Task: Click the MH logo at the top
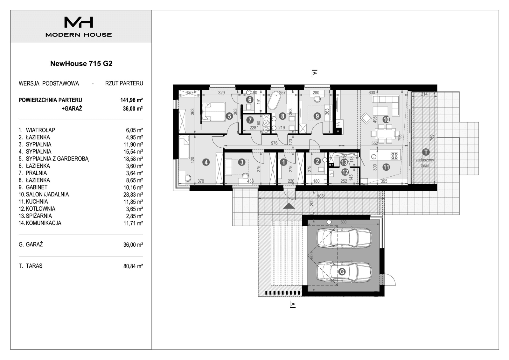(79, 22)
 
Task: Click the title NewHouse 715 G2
(81, 63)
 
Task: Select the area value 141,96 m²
(131, 100)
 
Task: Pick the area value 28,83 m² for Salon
(133, 194)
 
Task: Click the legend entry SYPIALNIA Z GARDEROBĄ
(57, 159)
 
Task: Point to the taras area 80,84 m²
(133, 266)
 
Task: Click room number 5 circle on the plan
(229, 116)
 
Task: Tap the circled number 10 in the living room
(386, 120)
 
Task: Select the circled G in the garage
(342, 272)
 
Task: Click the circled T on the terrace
(425, 152)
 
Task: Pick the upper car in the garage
(344, 237)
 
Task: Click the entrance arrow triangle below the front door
(289, 206)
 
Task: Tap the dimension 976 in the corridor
(274, 143)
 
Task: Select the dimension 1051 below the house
(321, 196)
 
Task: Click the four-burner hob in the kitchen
(394, 156)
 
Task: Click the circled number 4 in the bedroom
(206, 162)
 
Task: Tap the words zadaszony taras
(425, 163)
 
